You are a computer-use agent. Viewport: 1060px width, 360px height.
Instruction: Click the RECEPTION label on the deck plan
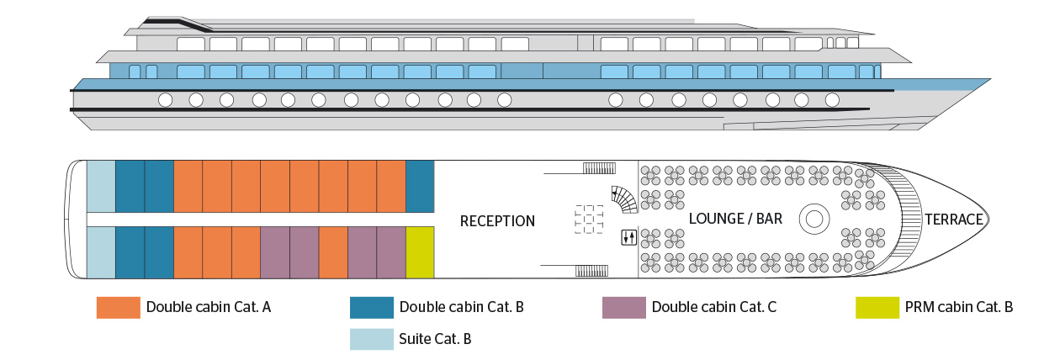click(497, 221)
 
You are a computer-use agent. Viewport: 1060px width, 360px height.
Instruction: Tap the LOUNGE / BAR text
click(735, 219)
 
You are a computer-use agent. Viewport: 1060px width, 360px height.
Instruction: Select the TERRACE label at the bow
click(954, 220)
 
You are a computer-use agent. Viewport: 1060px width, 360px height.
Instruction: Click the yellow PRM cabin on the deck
click(420, 252)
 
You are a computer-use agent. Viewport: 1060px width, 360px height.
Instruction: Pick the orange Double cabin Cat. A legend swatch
click(118, 307)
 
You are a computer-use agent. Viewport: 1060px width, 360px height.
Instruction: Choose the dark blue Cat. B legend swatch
click(371, 307)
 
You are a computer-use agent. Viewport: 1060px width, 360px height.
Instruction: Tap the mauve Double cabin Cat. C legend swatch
click(623, 307)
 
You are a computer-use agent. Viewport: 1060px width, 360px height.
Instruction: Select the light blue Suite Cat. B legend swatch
click(371, 339)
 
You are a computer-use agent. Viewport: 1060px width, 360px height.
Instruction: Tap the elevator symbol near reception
click(628, 237)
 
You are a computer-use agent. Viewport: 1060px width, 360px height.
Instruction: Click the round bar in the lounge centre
click(814, 219)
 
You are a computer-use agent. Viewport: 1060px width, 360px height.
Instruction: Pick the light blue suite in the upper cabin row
click(101, 186)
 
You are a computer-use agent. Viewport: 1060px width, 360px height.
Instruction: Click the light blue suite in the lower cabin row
click(101, 252)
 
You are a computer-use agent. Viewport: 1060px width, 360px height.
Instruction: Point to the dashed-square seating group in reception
click(590, 219)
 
